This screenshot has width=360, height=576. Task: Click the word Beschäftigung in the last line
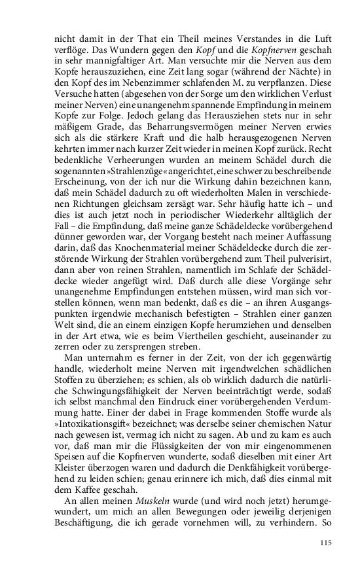85,524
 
